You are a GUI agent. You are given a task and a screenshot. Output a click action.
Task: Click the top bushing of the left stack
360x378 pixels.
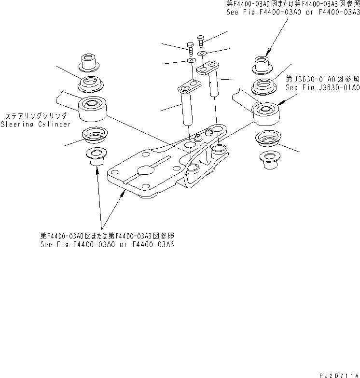tap(89, 62)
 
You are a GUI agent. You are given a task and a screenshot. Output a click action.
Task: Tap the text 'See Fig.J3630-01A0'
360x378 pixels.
tap(322, 87)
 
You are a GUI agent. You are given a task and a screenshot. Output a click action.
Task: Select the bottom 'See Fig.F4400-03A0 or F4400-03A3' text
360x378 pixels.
tap(107, 244)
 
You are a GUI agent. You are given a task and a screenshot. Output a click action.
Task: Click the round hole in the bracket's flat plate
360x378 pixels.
tap(145, 170)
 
